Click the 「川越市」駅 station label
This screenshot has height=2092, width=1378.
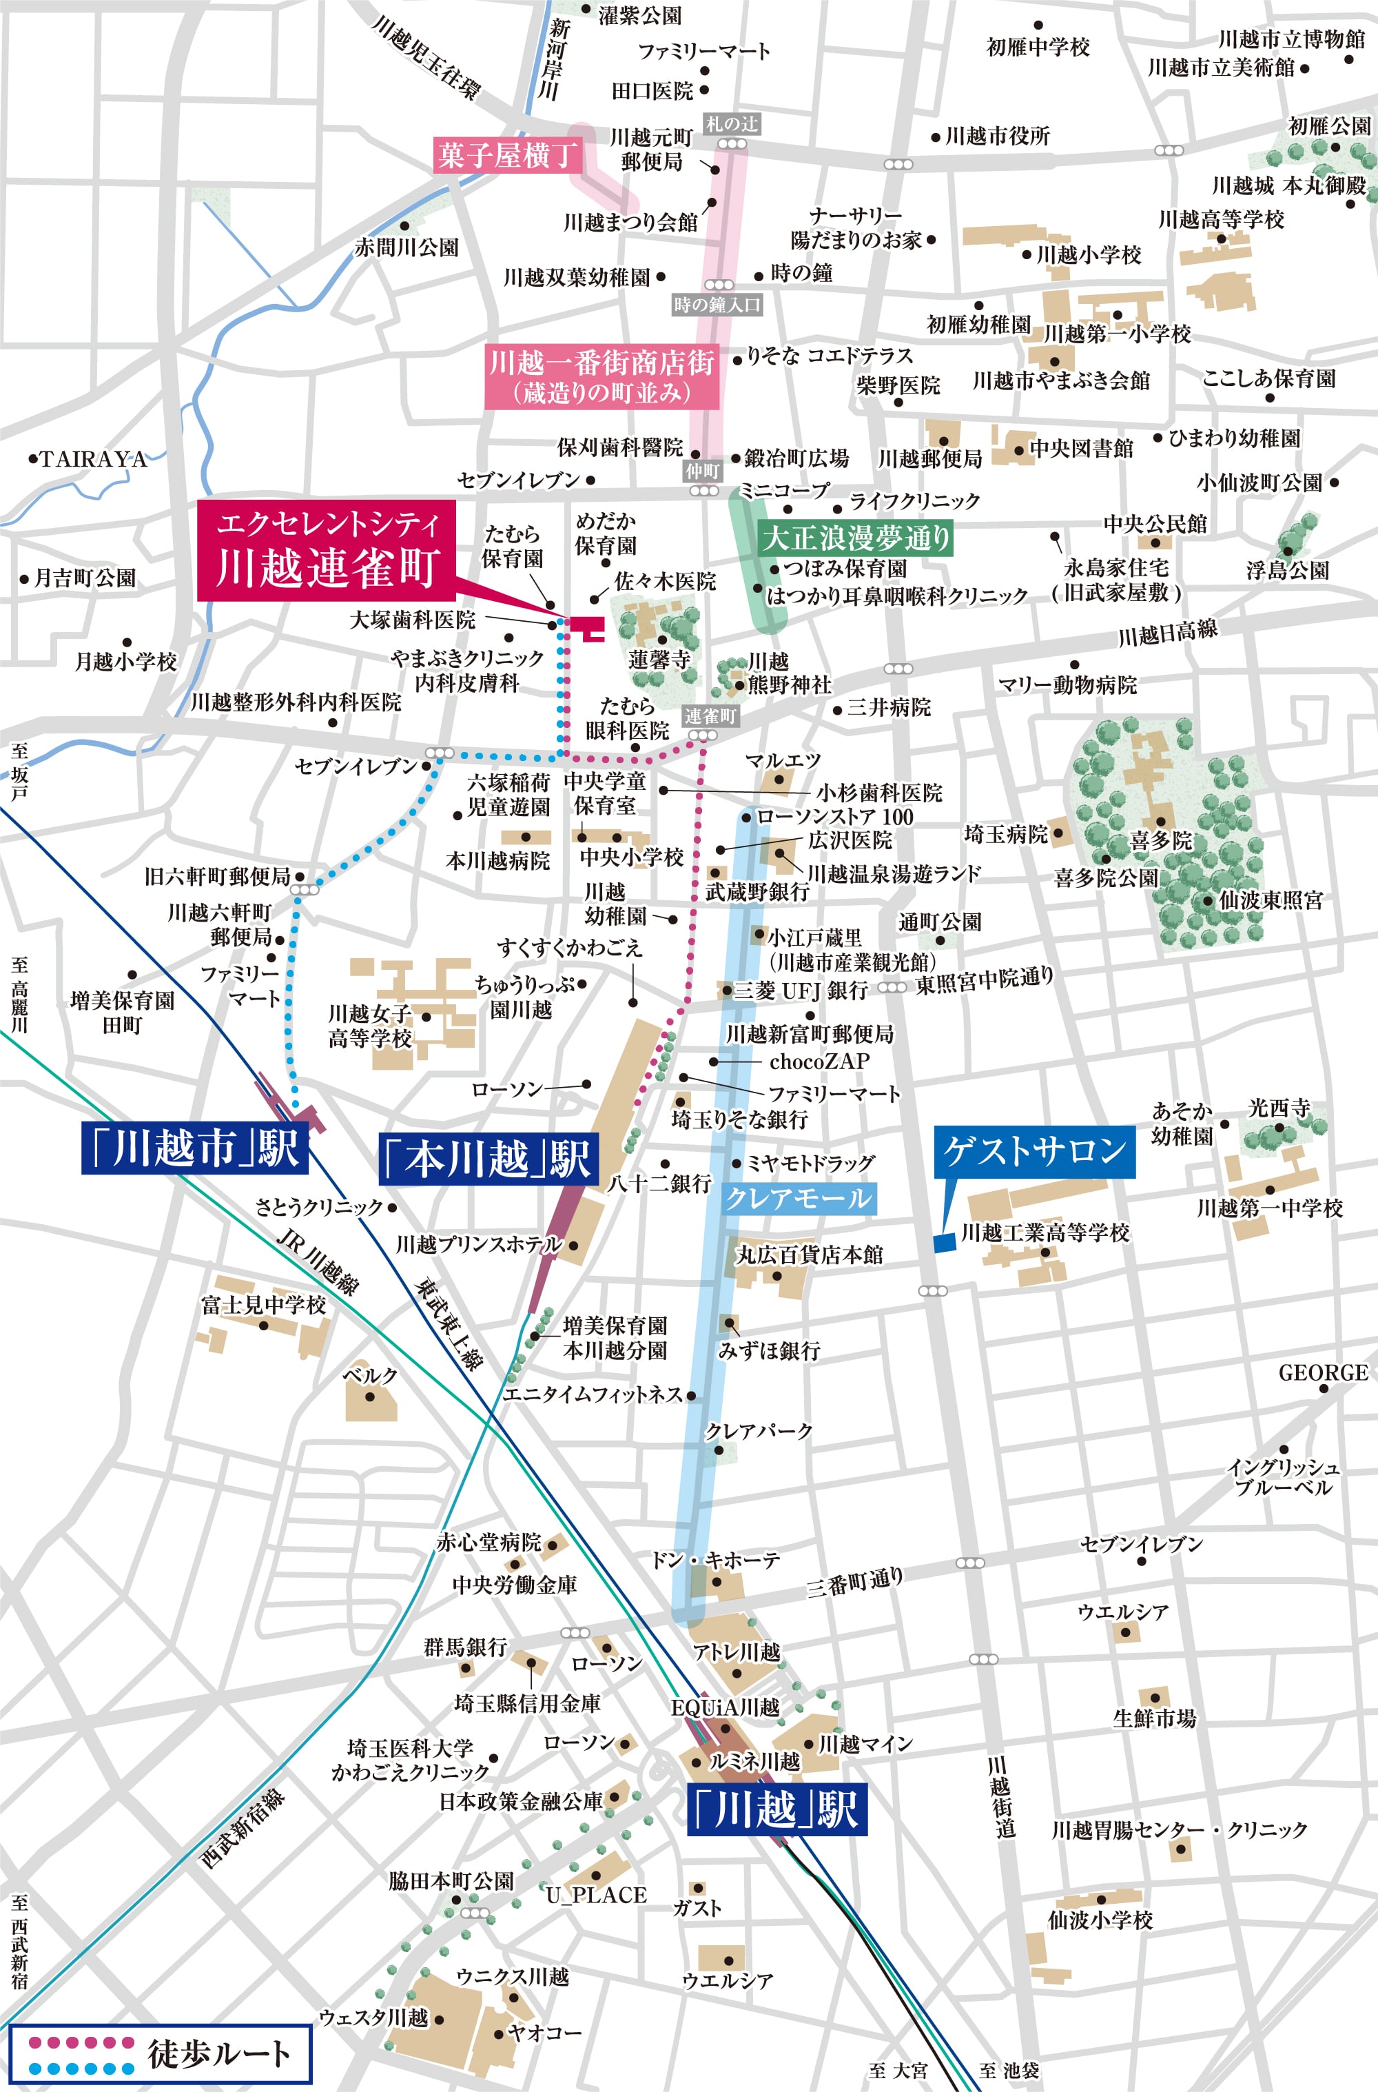194,1147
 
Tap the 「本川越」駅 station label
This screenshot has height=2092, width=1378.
489,1159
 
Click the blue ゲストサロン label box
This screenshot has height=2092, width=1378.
1034,1150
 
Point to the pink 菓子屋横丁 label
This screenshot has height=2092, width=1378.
507,156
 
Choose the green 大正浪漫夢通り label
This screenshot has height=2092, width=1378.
855,537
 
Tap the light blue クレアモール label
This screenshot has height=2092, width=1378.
799,1198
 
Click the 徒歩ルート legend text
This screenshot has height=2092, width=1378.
219,2054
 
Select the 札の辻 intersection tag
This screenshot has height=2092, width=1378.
731,124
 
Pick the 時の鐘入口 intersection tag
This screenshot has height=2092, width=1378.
717,305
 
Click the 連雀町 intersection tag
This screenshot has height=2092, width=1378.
710,716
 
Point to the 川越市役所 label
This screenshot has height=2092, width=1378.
996,136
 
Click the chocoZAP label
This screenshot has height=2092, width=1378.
819,1062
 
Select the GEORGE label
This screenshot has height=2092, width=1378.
1323,1373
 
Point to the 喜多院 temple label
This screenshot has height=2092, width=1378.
1160,840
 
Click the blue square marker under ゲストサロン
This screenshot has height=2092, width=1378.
944,1243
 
